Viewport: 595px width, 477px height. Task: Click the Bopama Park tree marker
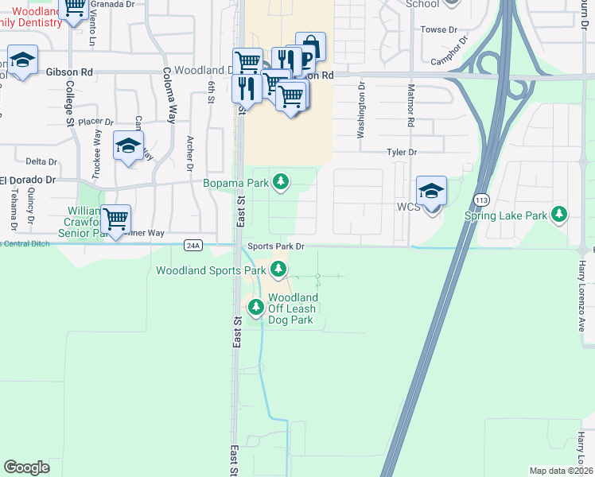click(x=280, y=183)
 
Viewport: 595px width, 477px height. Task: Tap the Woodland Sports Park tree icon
click(x=278, y=270)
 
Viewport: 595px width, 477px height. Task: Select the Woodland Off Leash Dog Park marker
click(x=255, y=306)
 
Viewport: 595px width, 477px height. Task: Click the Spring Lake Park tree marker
click(x=560, y=215)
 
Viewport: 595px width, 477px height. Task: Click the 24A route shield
click(x=192, y=245)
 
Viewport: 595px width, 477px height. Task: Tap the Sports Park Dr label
click(x=275, y=246)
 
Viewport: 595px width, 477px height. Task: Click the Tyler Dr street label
click(x=402, y=152)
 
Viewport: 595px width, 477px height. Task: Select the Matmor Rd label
click(x=410, y=106)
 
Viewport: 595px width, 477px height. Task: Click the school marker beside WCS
click(x=431, y=192)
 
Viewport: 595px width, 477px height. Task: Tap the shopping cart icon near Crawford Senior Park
click(x=117, y=219)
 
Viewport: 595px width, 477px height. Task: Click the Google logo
click(x=26, y=467)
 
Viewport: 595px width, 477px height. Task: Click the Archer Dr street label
click(x=190, y=152)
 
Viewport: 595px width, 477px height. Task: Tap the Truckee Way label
click(x=98, y=146)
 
